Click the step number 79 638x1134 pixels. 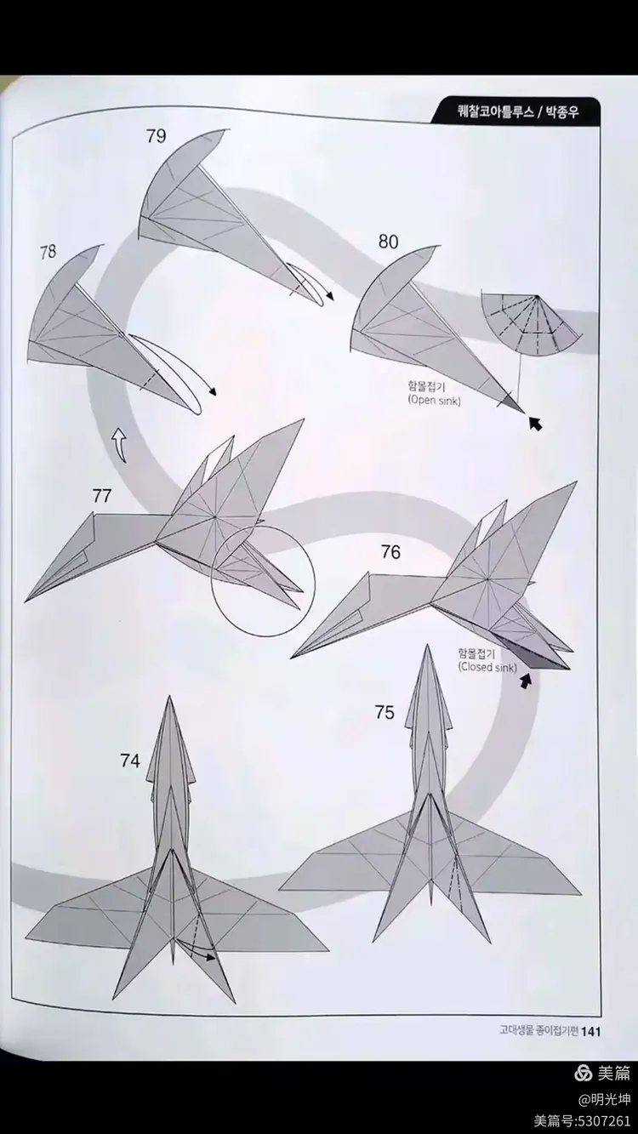(157, 136)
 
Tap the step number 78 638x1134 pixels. (48, 252)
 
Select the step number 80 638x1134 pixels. (389, 242)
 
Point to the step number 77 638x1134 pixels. (102, 496)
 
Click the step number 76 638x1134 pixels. (391, 552)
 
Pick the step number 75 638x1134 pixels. (385, 712)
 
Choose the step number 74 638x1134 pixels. (130, 761)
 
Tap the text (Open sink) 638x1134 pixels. (435, 401)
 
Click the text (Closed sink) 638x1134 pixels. (487, 667)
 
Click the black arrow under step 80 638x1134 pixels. (535, 423)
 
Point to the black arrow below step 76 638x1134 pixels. (527, 681)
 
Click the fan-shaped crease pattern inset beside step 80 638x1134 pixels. (531, 324)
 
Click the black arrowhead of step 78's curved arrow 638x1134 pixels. (214, 392)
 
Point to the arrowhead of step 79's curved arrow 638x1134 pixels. (331, 296)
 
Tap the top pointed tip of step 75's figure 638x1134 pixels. (427, 646)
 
